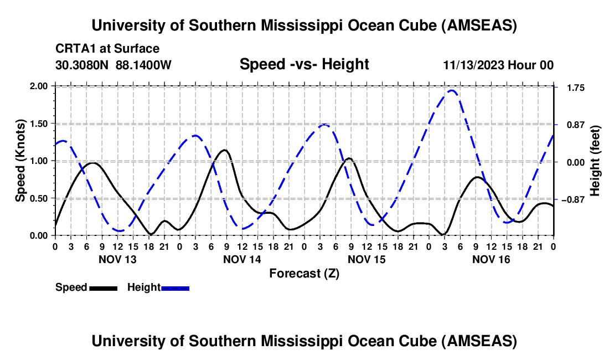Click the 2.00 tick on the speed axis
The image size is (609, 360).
point(39,86)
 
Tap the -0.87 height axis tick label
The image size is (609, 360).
point(572,200)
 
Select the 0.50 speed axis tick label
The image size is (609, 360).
point(39,198)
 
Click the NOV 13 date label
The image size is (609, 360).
point(117,259)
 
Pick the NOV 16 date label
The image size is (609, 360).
point(491,259)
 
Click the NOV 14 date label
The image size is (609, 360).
point(242,259)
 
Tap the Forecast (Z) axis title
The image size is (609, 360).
point(304,273)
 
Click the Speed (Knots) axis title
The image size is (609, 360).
point(20,161)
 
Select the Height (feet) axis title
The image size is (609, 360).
point(595,161)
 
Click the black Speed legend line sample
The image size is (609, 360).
point(104,287)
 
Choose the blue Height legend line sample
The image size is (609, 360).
point(176,287)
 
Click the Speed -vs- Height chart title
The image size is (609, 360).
point(304,64)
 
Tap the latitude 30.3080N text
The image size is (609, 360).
point(83,65)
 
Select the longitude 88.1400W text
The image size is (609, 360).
point(144,65)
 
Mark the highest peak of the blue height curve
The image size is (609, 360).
point(452,90)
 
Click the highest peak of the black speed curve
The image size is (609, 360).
point(224,150)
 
